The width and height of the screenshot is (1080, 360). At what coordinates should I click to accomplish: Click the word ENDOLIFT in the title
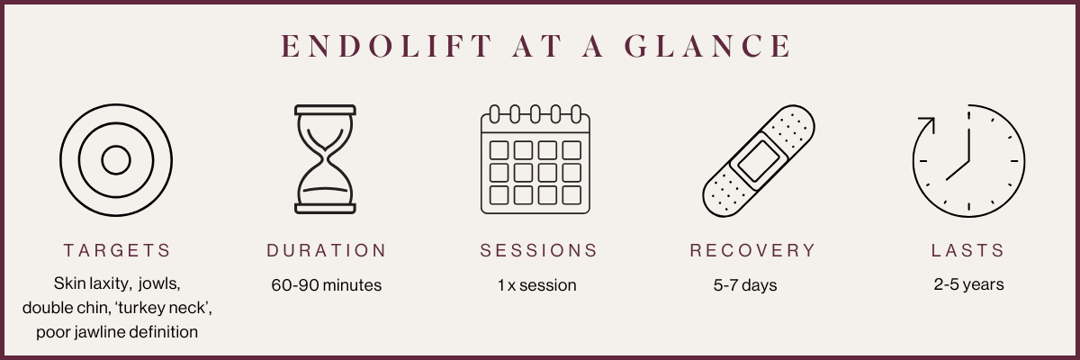tap(387, 46)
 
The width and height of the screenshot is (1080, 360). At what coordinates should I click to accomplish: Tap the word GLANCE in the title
tap(707, 46)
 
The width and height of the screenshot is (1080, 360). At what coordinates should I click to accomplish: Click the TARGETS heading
tap(117, 250)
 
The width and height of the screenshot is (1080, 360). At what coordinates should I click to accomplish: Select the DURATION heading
tap(327, 250)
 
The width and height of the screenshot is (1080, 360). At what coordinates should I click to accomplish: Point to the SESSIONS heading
tap(538, 250)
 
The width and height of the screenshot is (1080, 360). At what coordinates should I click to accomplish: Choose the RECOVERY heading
tap(752, 250)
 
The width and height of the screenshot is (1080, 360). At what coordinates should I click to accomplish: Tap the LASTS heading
tap(968, 250)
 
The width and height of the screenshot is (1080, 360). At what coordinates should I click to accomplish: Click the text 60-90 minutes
tap(327, 285)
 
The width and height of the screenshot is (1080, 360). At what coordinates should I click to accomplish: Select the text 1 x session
tap(537, 285)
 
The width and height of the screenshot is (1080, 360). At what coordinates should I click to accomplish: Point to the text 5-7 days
tap(745, 285)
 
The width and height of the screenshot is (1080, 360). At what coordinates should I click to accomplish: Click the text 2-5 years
tap(968, 284)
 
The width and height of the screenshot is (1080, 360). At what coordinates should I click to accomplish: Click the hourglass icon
tap(326, 159)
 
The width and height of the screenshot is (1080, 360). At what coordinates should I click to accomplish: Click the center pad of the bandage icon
tap(759, 161)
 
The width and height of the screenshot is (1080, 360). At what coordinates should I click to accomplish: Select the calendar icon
tap(535, 159)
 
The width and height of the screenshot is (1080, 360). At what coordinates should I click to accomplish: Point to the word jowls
tap(159, 283)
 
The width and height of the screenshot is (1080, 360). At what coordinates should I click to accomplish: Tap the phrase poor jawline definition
tap(117, 332)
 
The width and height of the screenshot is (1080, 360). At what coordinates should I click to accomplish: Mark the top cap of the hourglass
tap(326, 111)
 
